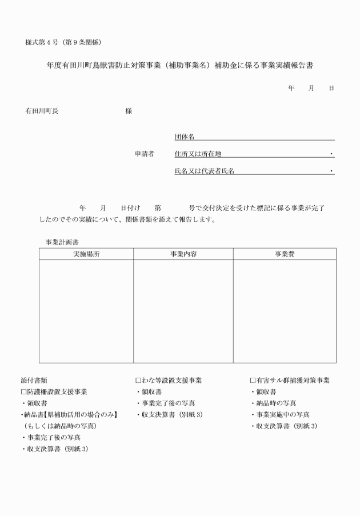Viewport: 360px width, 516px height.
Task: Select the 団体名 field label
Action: click(185, 137)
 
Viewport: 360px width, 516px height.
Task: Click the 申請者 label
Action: click(144, 154)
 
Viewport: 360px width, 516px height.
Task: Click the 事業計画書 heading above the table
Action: click(62, 242)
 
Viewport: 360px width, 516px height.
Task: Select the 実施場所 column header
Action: click(86, 254)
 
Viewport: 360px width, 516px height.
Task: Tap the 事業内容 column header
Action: click(183, 254)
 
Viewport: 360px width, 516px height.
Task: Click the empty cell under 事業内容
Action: click(183, 311)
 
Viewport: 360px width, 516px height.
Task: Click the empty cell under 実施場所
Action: click(86, 311)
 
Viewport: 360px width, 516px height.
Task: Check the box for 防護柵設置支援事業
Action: click(23, 392)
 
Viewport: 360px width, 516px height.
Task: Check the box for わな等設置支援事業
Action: click(138, 381)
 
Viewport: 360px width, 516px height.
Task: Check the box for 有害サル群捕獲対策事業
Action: click(253, 381)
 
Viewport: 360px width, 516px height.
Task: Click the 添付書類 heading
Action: click(34, 381)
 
